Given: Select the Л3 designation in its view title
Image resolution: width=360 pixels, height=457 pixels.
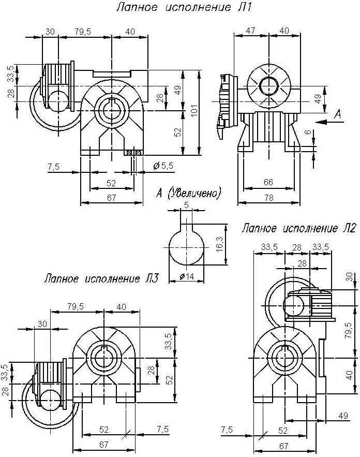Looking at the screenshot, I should (x=152, y=279).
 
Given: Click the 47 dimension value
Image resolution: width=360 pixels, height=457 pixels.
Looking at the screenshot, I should (x=250, y=31).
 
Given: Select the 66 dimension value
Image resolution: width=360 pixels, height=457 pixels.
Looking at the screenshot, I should (x=268, y=182).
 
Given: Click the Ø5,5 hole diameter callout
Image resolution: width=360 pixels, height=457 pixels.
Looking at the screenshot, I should (x=163, y=166).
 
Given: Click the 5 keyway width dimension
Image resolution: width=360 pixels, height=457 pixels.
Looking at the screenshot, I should (x=187, y=205).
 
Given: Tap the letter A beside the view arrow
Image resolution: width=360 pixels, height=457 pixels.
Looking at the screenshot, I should (x=338, y=114).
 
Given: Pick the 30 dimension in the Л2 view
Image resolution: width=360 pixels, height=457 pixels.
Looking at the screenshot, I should (x=350, y=277).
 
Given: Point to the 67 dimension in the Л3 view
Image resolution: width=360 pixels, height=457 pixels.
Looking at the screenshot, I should (x=104, y=445).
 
